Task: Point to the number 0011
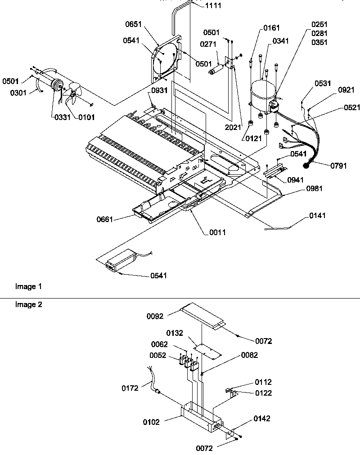(x=217, y=232)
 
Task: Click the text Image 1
(x=28, y=286)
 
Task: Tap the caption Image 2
(x=28, y=304)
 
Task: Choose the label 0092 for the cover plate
(x=155, y=316)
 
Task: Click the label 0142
(x=261, y=419)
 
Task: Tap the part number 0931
(x=160, y=90)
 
